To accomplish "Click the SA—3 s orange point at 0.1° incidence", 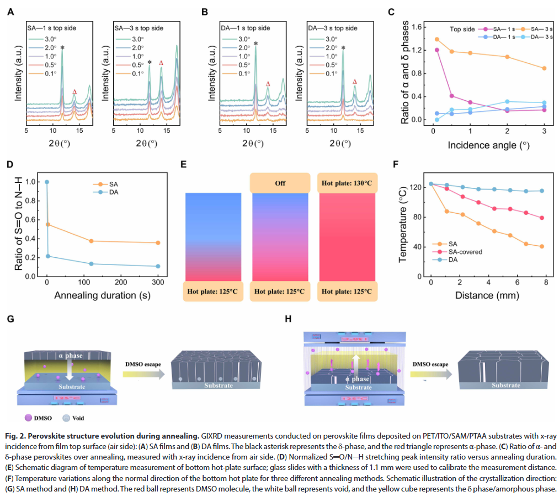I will [x=437, y=39].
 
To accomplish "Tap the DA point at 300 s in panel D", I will [x=158, y=266].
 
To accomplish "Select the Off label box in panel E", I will [x=279, y=182].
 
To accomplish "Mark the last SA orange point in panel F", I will [x=541, y=246].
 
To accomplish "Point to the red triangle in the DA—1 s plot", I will [x=268, y=84].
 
